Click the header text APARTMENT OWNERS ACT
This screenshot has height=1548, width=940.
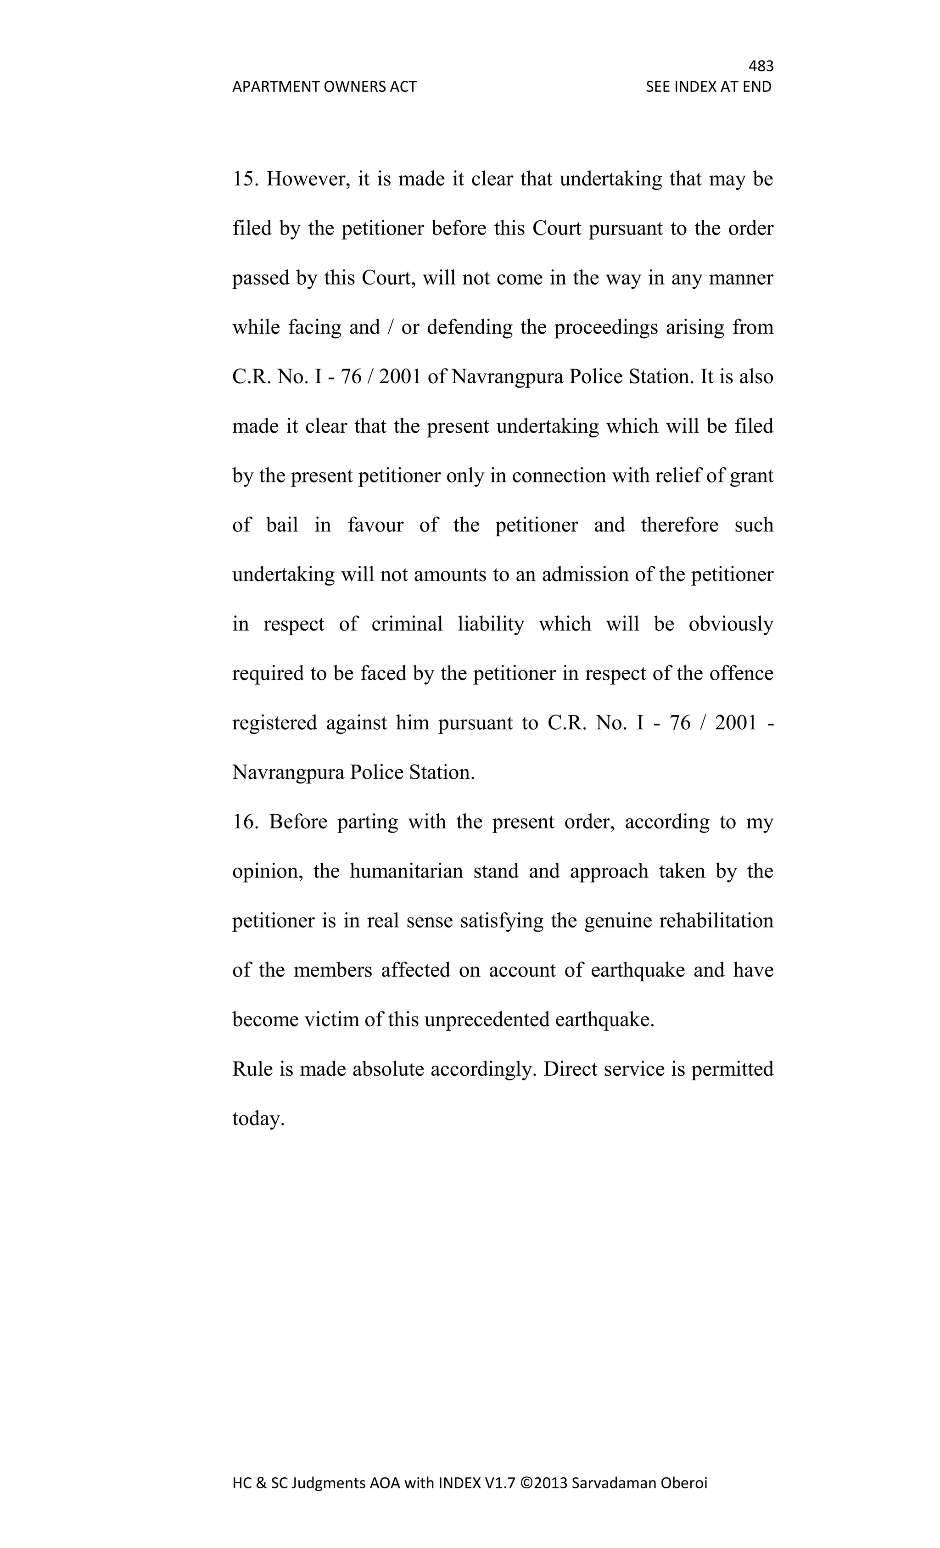pyautogui.click(x=324, y=87)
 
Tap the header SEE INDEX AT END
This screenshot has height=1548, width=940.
pyautogui.click(x=708, y=87)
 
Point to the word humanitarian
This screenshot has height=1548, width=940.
pyautogui.click(x=406, y=872)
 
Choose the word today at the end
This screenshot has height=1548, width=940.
pyautogui.click(x=258, y=1119)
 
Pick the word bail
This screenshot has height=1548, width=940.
pyautogui.click(x=282, y=525)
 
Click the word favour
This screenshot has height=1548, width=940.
pyautogui.click(x=375, y=525)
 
